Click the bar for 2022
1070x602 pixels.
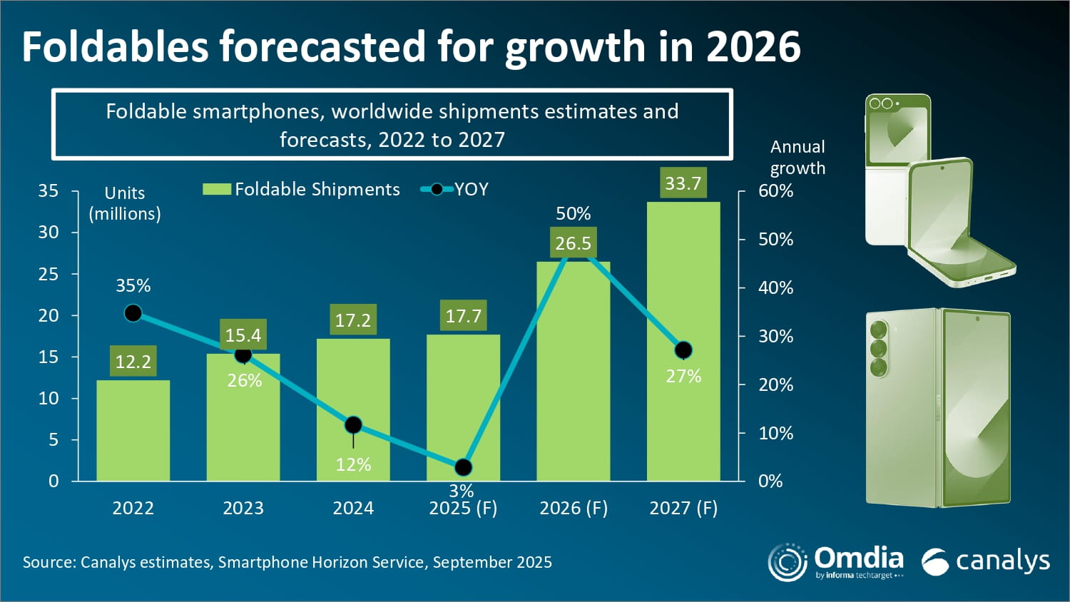coord(133,430)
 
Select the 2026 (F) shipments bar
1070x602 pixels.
coord(574,371)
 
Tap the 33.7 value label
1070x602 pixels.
coord(683,183)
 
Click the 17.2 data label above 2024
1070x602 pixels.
coord(353,320)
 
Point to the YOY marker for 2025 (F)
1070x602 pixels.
coord(463,466)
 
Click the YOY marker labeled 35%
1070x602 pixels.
coord(133,313)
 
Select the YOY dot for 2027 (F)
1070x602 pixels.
coord(683,350)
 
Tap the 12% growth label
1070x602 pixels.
coord(353,464)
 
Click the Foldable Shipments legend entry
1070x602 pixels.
coord(301,189)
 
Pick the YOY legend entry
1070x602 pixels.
coord(454,189)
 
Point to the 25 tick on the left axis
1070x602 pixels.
coord(49,274)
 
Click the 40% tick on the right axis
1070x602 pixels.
coord(776,287)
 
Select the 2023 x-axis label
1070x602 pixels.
coord(243,508)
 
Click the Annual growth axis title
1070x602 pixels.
coord(798,157)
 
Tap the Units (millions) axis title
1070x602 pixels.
coord(125,203)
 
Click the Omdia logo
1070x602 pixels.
coord(836,562)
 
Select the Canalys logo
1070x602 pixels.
coord(985,561)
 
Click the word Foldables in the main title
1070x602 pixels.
coord(115,47)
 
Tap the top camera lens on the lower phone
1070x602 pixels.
coord(878,330)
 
